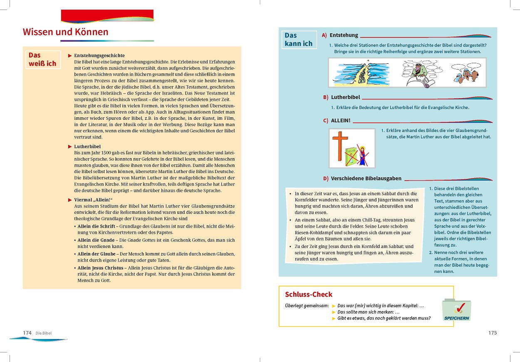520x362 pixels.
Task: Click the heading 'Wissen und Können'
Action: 65,32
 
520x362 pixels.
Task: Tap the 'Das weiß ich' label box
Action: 42,59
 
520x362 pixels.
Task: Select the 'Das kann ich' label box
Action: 298,40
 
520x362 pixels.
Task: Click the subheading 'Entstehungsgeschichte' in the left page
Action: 99,55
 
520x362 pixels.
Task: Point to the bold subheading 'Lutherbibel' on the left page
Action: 87,146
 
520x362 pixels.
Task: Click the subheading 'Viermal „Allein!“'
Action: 93,200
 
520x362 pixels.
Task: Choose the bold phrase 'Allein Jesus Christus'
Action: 100,268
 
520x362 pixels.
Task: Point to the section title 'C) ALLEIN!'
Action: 337,121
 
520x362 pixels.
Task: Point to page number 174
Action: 27,332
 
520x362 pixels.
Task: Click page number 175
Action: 492,332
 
